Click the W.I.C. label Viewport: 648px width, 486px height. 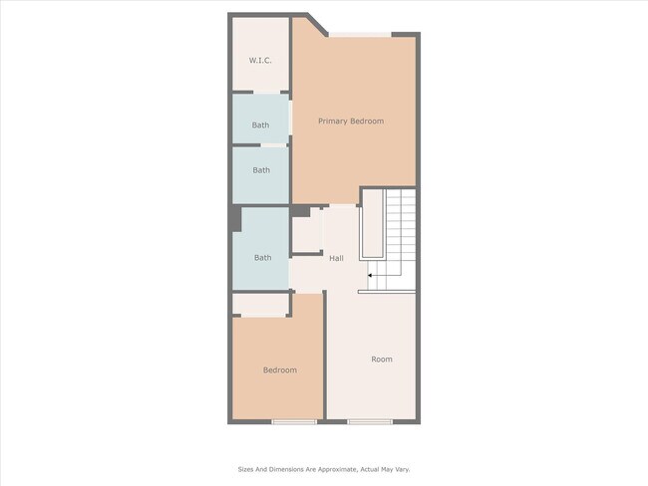[x=260, y=61]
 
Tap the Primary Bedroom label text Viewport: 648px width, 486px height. [x=351, y=121]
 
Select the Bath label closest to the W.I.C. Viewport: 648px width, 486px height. [x=260, y=125]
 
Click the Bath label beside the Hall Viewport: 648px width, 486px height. [x=262, y=258]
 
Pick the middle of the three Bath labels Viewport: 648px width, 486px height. [x=261, y=170]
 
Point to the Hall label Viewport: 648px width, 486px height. [x=337, y=258]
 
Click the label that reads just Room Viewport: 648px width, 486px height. [x=382, y=360]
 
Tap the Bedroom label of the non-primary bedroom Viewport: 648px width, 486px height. [x=279, y=370]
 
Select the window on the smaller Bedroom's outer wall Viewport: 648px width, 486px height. [x=294, y=422]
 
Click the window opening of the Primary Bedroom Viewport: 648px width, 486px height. [x=361, y=35]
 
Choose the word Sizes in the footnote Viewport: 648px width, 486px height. [x=246, y=468]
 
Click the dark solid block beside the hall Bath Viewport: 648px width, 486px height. [x=235, y=218]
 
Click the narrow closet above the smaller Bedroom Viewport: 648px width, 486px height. [x=261, y=304]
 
